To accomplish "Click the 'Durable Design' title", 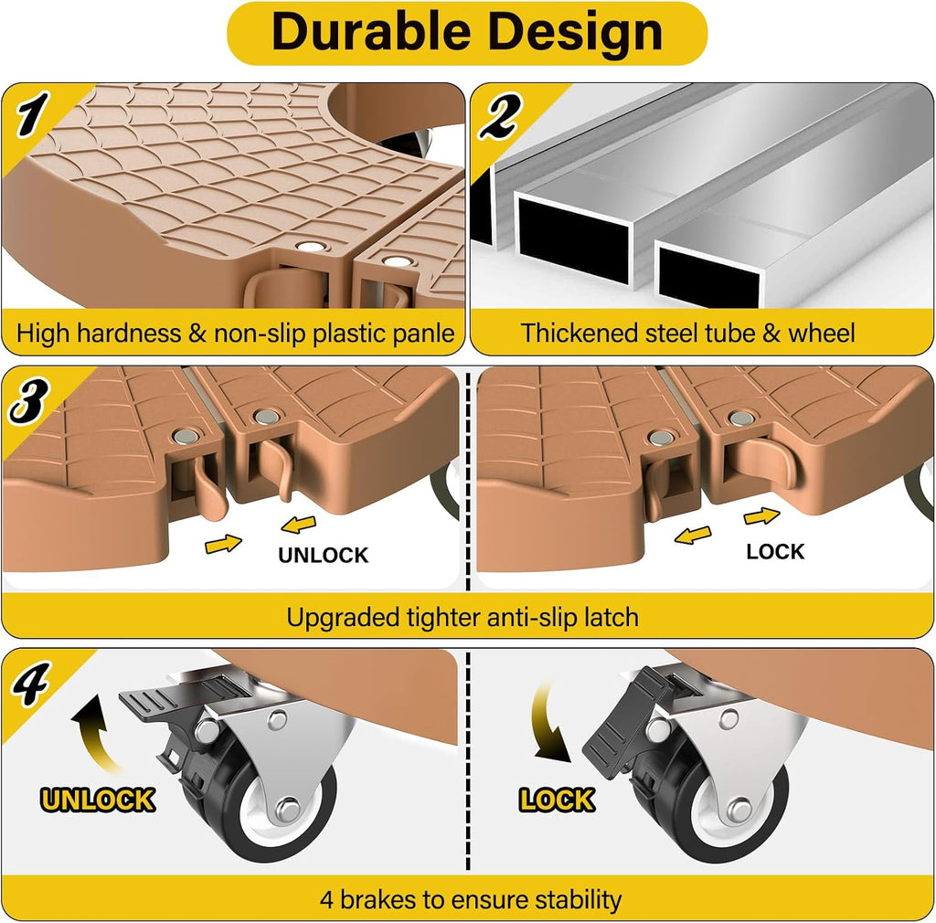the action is tap(467, 32).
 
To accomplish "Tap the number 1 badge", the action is tap(32, 113).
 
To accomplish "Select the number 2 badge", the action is tap(500, 116).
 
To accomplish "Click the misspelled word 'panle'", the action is tap(424, 334).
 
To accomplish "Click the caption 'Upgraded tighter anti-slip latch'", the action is tap(463, 618).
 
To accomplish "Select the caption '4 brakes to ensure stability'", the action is tap(471, 899).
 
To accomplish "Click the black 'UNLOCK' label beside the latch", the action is tap(323, 556).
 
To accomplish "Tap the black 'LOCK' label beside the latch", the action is tap(775, 551).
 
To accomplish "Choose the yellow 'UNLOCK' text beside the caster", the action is tap(98, 800).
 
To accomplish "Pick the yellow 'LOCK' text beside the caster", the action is tap(557, 800).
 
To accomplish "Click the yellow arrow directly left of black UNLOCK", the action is tap(223, 544).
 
